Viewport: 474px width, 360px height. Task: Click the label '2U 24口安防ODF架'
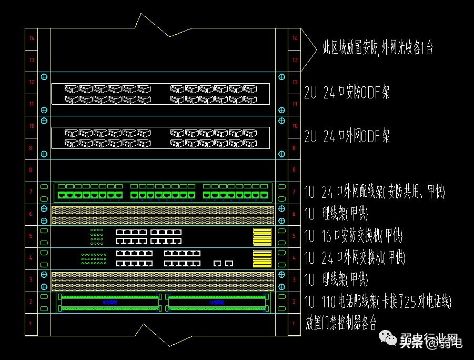(x=347, y=93)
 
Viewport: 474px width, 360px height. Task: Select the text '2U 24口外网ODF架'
(x=347, y=137)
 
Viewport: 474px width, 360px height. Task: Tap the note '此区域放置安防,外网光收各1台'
(x=378, y=48)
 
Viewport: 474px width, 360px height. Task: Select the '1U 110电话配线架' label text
(x=378, y=302)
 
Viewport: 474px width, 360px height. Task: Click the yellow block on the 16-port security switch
(x=262, y=237)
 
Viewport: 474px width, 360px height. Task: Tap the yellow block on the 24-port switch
(x=262, y=259)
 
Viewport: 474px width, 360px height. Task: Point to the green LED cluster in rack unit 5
(x=97, y=237)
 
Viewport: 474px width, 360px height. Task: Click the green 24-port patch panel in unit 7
(x=163, y=193)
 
